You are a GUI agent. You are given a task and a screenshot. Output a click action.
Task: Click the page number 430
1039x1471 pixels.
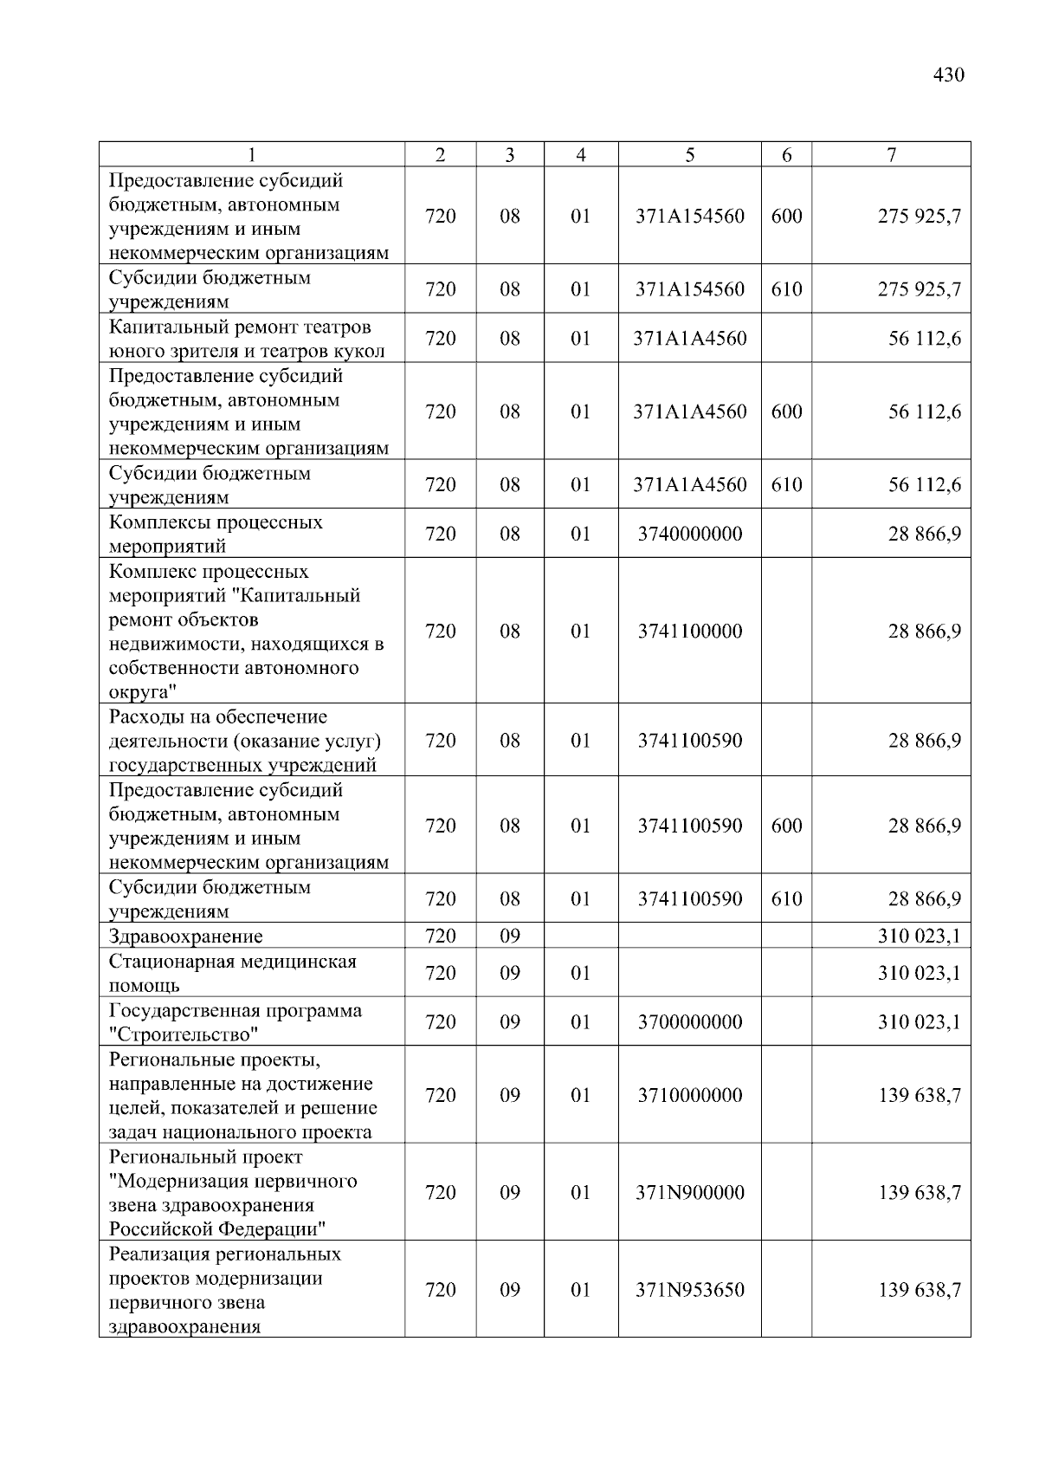[948, 75]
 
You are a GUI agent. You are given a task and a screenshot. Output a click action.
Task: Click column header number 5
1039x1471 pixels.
[689, 155]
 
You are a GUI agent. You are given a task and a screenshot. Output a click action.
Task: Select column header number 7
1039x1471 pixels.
[891, 155]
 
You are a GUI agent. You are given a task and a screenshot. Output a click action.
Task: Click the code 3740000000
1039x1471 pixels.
[689, 534]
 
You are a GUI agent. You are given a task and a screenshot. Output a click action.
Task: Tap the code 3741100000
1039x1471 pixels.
[689, 631]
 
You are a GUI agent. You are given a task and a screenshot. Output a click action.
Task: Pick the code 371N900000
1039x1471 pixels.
[689, 1192]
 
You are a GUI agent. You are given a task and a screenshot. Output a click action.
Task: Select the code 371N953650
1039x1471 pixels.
[689, 1289]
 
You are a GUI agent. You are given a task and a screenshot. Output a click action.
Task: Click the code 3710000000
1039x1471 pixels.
[689, 1095]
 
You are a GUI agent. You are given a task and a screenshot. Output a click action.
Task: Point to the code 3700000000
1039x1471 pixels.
[689, 1021]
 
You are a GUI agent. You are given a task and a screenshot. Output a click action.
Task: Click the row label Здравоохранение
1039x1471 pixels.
[185, 936]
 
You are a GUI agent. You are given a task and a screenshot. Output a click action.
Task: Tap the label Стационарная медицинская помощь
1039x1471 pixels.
[232, 973]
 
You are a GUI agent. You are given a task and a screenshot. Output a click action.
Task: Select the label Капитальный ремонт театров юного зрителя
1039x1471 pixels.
[246, 339]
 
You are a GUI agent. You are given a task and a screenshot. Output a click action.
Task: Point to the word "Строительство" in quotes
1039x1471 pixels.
[184, 1034]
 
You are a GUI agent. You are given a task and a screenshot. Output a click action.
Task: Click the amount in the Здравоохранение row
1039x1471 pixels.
[919, 936]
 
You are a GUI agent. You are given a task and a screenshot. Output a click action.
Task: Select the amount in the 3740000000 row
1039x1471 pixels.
[924, 534]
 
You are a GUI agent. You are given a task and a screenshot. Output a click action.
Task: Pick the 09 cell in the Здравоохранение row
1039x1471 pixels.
[510, 936]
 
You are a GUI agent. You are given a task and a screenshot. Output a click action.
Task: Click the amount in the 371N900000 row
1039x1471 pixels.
[919, 1192]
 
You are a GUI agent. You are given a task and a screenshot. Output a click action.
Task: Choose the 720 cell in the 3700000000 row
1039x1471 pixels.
[441, 1021]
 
